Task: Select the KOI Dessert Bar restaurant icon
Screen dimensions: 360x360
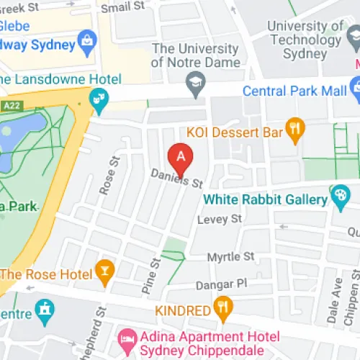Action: pyautogui.click(x=295, y=131)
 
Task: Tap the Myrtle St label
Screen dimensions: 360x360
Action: pyautogui.click(x=230, y=256)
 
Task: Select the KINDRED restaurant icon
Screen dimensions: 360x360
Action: pyautogui.click(x=224, y=310)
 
